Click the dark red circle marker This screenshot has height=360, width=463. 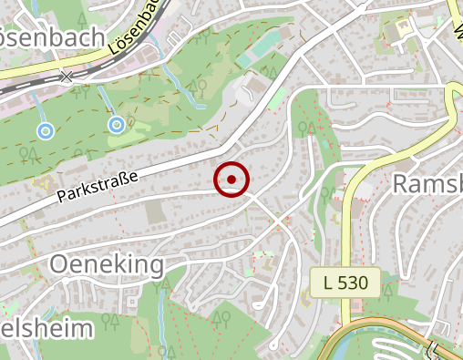point(231,180)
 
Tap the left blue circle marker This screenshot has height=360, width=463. point(45,131)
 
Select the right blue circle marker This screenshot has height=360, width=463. point(116,124)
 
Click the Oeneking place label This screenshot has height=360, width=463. point(107,265)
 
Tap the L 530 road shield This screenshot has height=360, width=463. point(345,283)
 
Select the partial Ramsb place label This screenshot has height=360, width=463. point(427,184)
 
